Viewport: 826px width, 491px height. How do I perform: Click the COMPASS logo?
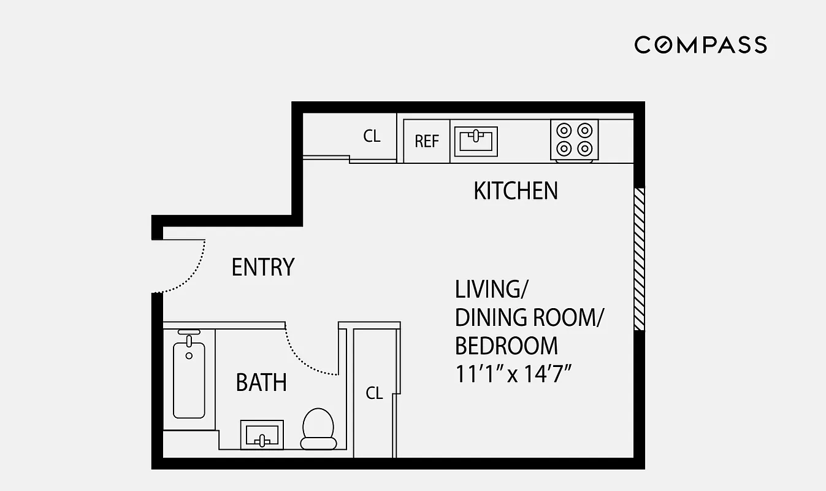click(700, 45)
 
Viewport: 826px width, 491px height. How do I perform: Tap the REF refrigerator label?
click(427, 141)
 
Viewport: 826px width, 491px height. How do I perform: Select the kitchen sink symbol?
click(475, 141)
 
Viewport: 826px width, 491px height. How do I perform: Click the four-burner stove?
click(574, 140)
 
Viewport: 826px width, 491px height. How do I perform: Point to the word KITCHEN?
click(516, 191)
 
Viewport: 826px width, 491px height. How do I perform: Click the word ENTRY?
click(263, 268)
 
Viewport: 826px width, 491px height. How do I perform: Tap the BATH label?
click(261, 383)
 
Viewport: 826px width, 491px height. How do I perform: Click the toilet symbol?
click(318, 428)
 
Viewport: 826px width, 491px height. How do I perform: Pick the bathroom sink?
click(262, 435)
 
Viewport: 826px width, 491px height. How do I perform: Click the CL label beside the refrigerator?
click(372, 136)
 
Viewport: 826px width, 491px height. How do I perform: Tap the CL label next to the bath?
click(374, 393)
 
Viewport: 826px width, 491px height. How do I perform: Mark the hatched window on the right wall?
click(639, 259)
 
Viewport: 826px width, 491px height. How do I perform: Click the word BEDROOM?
click(506, 346)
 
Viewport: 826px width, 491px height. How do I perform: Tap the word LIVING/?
click(487, 289)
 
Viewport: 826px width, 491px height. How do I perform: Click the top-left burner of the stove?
click(564, 130)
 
